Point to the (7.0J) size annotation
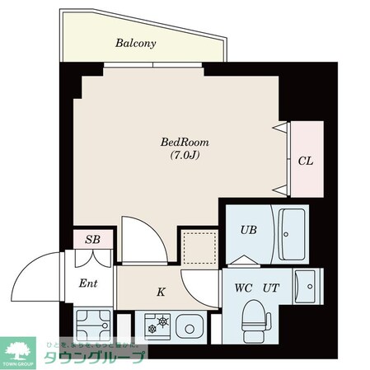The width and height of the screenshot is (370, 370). (x=179, y=154)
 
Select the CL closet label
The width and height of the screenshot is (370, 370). (x=305, y=162)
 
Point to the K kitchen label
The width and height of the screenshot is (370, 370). (x=161, y=291)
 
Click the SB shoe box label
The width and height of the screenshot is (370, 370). (x=93, y=240)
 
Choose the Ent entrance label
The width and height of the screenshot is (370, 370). (x=87, y=285)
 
